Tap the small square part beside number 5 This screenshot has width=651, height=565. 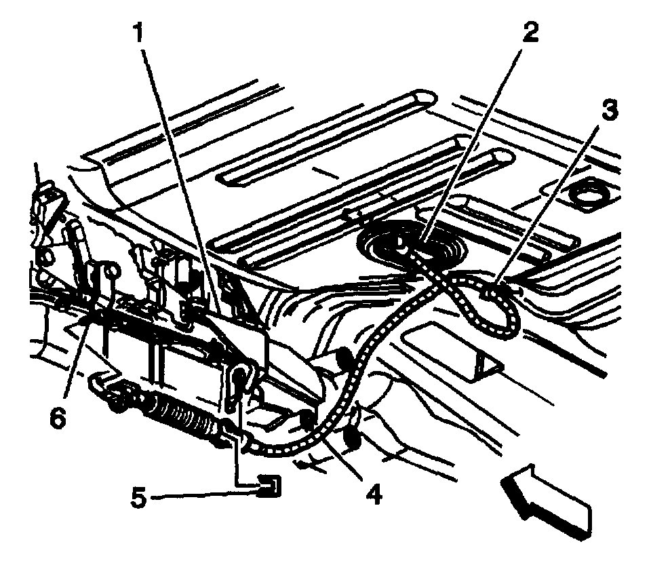(271, 486)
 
